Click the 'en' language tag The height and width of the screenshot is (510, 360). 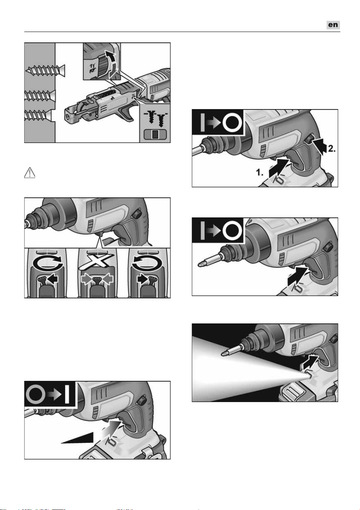333,25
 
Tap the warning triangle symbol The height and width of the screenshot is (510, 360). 30,173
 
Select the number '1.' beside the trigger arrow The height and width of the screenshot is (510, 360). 260,172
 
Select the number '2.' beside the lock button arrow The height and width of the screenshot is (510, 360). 331,149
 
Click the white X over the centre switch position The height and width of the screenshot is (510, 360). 96,261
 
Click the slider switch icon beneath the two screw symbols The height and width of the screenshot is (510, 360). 155,135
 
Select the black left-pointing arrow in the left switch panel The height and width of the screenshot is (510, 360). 53,279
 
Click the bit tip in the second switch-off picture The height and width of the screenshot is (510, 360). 200,264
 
